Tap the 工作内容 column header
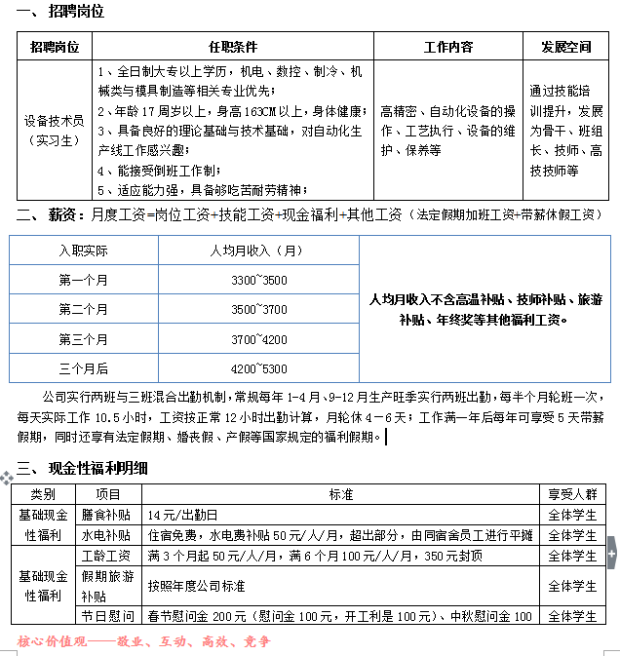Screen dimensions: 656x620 pyautogui.click(x=448, y=46)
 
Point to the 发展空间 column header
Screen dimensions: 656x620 pyautogui.click(x=566, y=46)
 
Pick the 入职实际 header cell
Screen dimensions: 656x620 pyautogui.click(x=83, y=251)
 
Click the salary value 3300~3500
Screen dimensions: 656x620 pyautogui.click(x=258, y=281)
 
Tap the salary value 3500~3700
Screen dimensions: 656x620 pyautogui.click(x=258, y=310)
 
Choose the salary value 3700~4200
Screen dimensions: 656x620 pyautogui.click(x=258, y=339)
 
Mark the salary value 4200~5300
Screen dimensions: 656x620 pyautogui.click(x=258, y=368)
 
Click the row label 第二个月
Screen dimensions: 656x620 pyautogui.click(x=83, y=310)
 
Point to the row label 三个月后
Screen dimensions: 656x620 pyautogui.click(x=83, y=368)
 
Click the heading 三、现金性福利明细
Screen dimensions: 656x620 pyautogui.click(x=83, y=468)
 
